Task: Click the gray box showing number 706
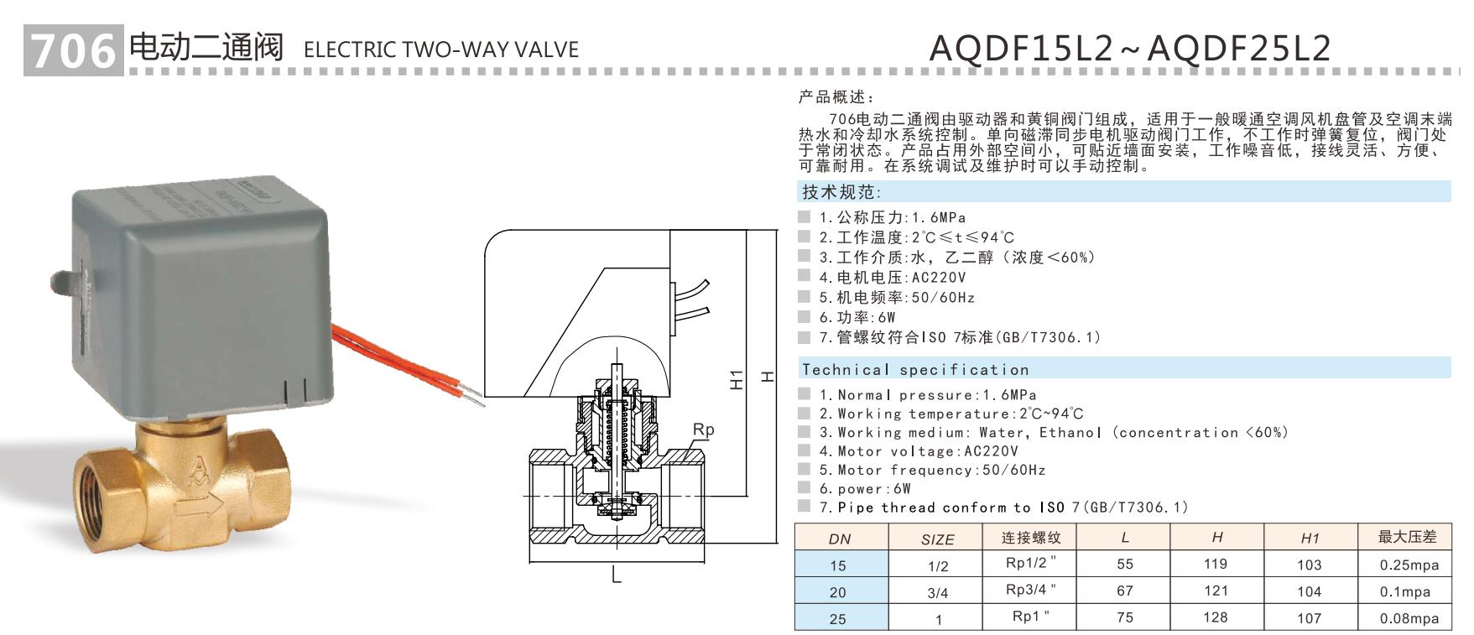pyautogui.click(x=74, y=51)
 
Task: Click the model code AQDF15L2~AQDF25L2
pyautogui.click(x=1130, y=49)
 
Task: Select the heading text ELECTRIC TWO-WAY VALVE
pyautogui.click(x=441, y=49)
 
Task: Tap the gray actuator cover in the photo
pyautogui.click(x=201, y=285)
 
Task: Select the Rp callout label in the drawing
pyautogui.click(x=703, y=429)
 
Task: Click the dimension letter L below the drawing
pyautogui.click(x=617, y=576)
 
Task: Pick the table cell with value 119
pyautogui.click(x=1216, y=564)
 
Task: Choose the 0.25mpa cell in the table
pyautogui.click(x=1409, y=565)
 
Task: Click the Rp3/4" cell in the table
pyautogui.click(x=1031, y=590)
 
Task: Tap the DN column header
pyautogui.click(x=839, y=539)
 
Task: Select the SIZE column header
pyautogui.click(x=937, y=539)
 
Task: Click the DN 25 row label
pyautogui.click(x=838, y=618)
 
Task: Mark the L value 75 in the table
pyautogui.click(x=1125, y=617)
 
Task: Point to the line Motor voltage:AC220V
pyautogui.click(x=919, y=450)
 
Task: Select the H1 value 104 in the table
pyautogui.click(x=1309, y=591)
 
